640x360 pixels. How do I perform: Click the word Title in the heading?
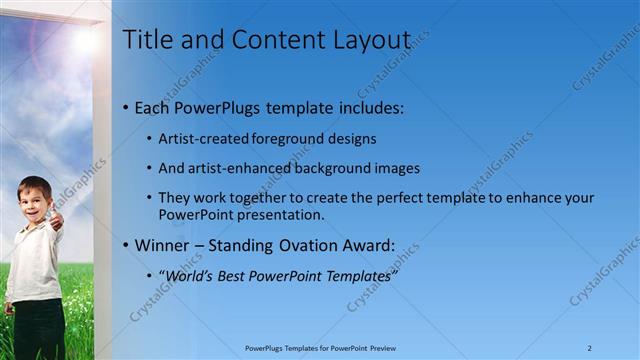tap(146, 40)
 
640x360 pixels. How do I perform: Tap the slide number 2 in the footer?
tap(590, 348)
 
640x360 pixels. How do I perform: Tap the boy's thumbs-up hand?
tap(57, 218)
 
